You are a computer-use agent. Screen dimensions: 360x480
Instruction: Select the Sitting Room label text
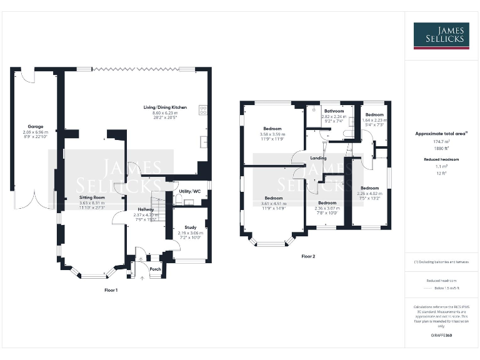pyautogui.click(x=91, y=197)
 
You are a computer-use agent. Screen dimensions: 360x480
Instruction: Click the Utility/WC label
pyautogui.click(x=189, y=191)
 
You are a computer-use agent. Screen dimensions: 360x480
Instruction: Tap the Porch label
pyautogui.click(x=155, y=269)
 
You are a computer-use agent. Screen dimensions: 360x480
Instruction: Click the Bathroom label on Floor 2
pyautogui.click(x=334, y=111)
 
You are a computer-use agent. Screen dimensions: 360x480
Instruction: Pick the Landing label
pyautogui.click(x=318, y=158)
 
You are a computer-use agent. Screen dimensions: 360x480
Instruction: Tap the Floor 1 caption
pyautogui.click(x=111, y=290)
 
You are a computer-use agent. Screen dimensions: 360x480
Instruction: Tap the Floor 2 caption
pyautogui.click(x=308, y=256)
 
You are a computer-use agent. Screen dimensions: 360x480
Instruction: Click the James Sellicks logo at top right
pyautogui.click(x=441, y=36)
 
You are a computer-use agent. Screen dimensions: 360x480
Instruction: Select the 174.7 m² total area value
pyautogui.click(x=441, y=142)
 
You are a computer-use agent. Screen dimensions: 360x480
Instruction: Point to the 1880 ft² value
pyautogui.click(x=441, y=148)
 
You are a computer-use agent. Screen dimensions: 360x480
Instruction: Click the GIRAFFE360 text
pyautogui.click(x=441, y=336)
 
